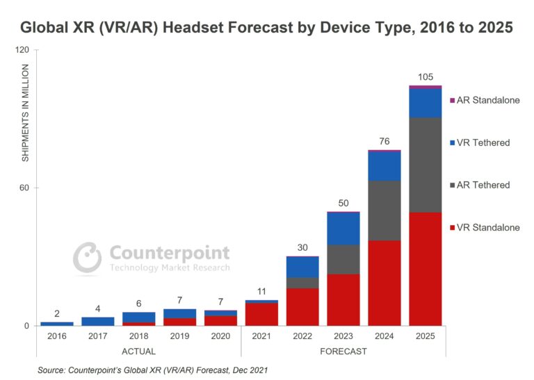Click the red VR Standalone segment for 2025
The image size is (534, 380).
pyautogui.click(x=425, y=269)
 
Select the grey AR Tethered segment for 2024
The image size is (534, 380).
pyautogui.click(x=384, y=210)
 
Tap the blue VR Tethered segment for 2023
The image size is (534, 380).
pyautogui.click(x=343, y=228)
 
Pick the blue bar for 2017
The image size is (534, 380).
pyautogui.click(x=97, y=321)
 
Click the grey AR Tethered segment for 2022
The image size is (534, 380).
pyautogui.click(x=302, y=283)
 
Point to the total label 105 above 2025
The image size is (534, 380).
pyautogui.click(x=426, y=76)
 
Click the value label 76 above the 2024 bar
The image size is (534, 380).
pyautogui.click(x=384, y=141)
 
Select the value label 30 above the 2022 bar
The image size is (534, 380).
pyautogui.click(x=302, y=247)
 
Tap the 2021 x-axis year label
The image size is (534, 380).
pyautogui.click(x=261, y=336)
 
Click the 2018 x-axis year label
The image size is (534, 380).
pyautogui.click(x=138, y=336)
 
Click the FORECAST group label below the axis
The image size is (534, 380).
pyautogui.click(x=343, y=352)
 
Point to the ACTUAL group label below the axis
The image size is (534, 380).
pyautogui.click(x=138, y=352)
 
